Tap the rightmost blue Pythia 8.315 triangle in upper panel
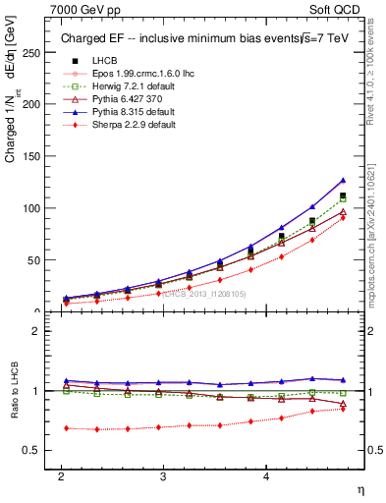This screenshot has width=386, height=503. coord(343,180)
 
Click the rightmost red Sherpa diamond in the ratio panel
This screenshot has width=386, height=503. coord(343,408)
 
